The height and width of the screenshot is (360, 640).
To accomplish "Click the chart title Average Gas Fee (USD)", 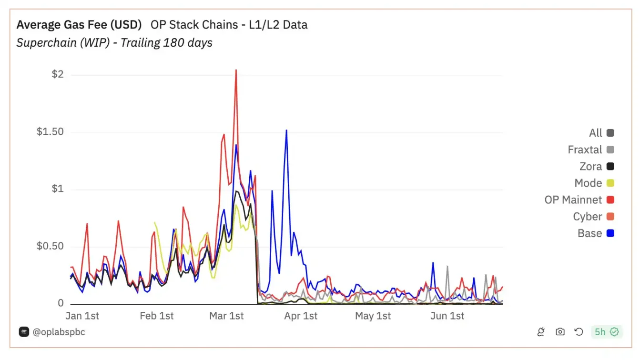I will pyautogui.click(x=79, y=24).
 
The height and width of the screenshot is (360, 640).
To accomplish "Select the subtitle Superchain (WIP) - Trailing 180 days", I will pyautogui.click(x=114, y=43).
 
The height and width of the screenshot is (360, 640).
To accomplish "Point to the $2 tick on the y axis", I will pyautogui.click(x=57, y=75).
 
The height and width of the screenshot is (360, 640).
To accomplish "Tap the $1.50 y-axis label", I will pyautogui.click(x=50, y=132).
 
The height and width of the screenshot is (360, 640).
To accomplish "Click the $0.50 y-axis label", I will pyautogui.click(x=50, y=247).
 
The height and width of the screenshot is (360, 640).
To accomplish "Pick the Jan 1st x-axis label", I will pyautogui.click(x=81, y=316).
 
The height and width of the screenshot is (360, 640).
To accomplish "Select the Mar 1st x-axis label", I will pyautogui.click(x=227, y=316).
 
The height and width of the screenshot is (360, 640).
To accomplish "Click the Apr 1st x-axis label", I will pyautogui.click(x=300, y=316).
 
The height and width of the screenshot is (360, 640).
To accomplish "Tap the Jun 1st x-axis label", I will pyautogui.click(x=447, y=316).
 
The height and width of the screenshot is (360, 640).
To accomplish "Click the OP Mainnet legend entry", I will pyautogui.click(x=573, y=200).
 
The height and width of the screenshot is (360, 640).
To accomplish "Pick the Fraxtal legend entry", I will pyautogui.click(x=585, y=150).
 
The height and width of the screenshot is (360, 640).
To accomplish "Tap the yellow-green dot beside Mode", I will pyautogui.click(x=610, y=183).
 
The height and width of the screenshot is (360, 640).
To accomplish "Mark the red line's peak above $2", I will pyautogui.click(x=236, y=70).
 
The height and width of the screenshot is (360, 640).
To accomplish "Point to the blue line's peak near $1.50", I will pyautogui.click(x=286, y=130).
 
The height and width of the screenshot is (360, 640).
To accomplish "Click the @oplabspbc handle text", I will pyautogui.click(x=59, y=332).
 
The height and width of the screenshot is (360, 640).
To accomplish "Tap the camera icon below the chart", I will pyautogui.click(x=560, y=332).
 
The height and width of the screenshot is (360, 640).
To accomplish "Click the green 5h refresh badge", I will pyautogui.click(x=606, y=332).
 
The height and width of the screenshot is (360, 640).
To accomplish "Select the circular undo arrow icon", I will pyautogui.click(x=579, y=332).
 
